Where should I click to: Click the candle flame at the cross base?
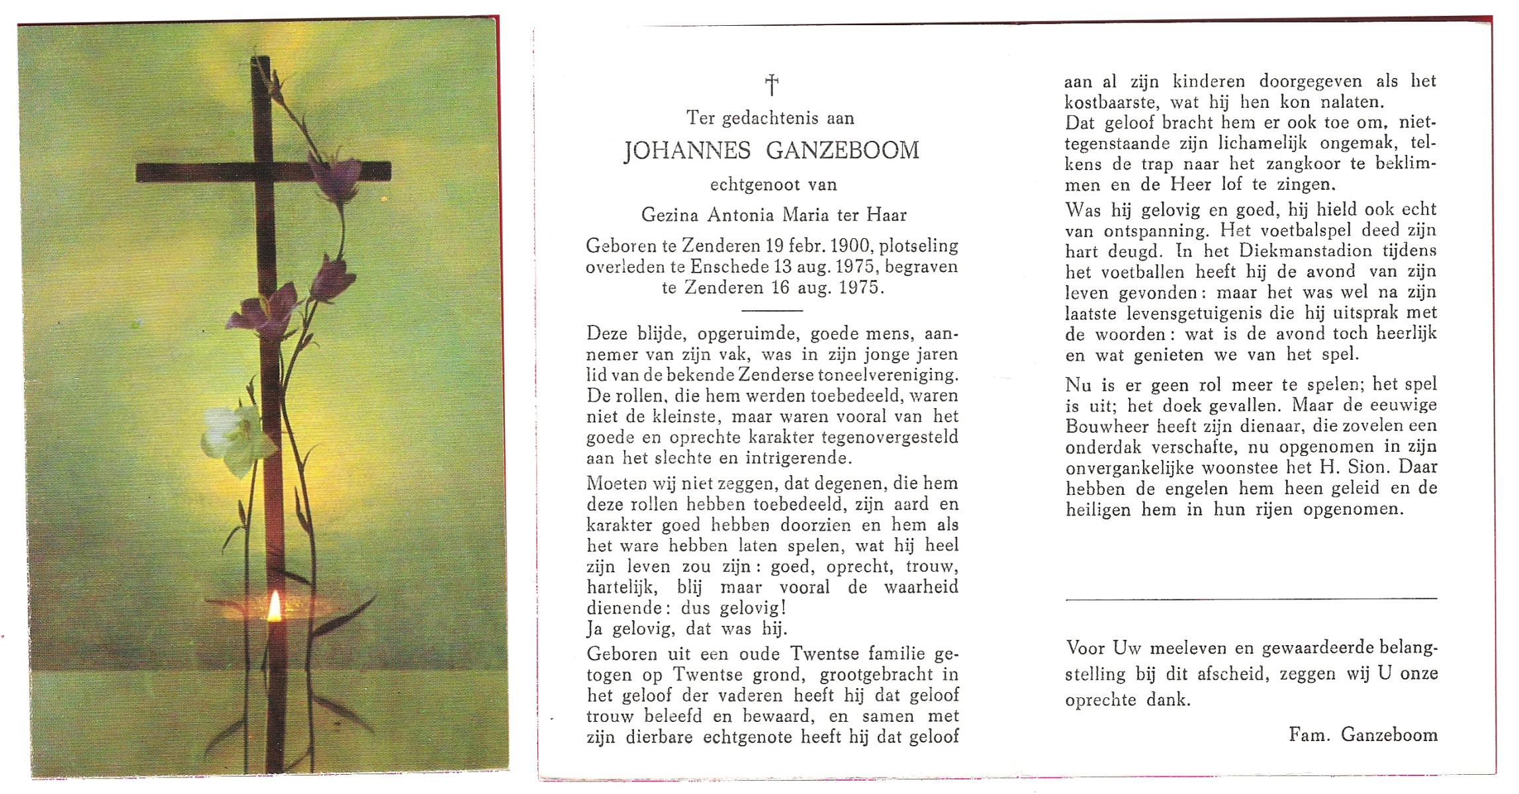coord(274,607)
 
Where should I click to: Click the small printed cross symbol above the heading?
coord(771,85)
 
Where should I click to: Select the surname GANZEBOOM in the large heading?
coord(843,151)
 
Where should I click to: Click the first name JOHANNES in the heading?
coord(687,151)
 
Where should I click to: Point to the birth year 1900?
coord(851,246)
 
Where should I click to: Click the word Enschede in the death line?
coord(725,267)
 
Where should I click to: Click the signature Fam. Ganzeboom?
coord(1363,734)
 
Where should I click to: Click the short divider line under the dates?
coord(772,310)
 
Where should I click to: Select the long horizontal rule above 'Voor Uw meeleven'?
coord(1251,599)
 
